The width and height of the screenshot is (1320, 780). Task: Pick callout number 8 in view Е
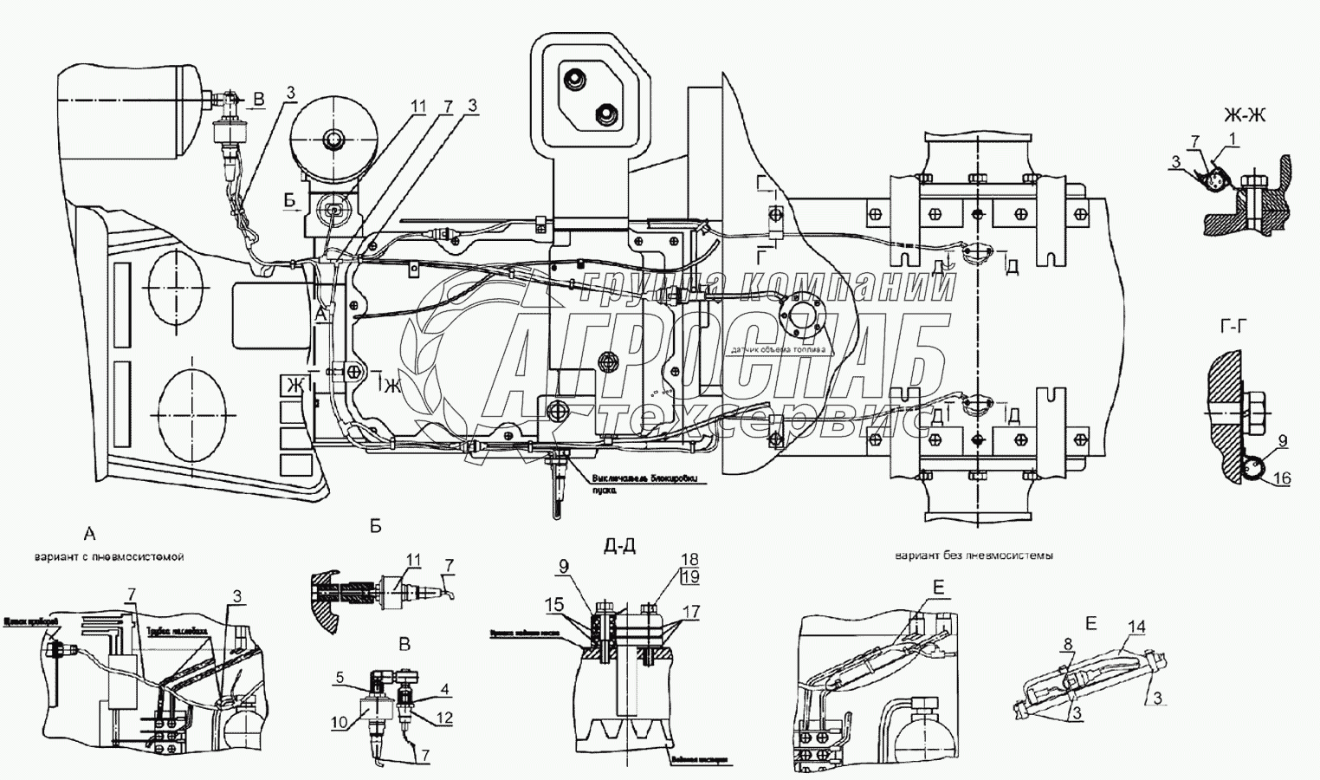[x=1068, y=644]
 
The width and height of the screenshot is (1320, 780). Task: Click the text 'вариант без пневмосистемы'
[x=974, y=556]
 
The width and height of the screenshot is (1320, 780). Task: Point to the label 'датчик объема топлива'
[x=776, y=350]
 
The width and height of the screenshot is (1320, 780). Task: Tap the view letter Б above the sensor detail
[x=375, y=526]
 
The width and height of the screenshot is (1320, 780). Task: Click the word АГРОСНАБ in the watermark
[x=719, y=357]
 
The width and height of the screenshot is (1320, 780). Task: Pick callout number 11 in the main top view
[x=418, y=107]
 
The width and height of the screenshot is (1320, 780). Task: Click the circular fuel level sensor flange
[x=800, y=315]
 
